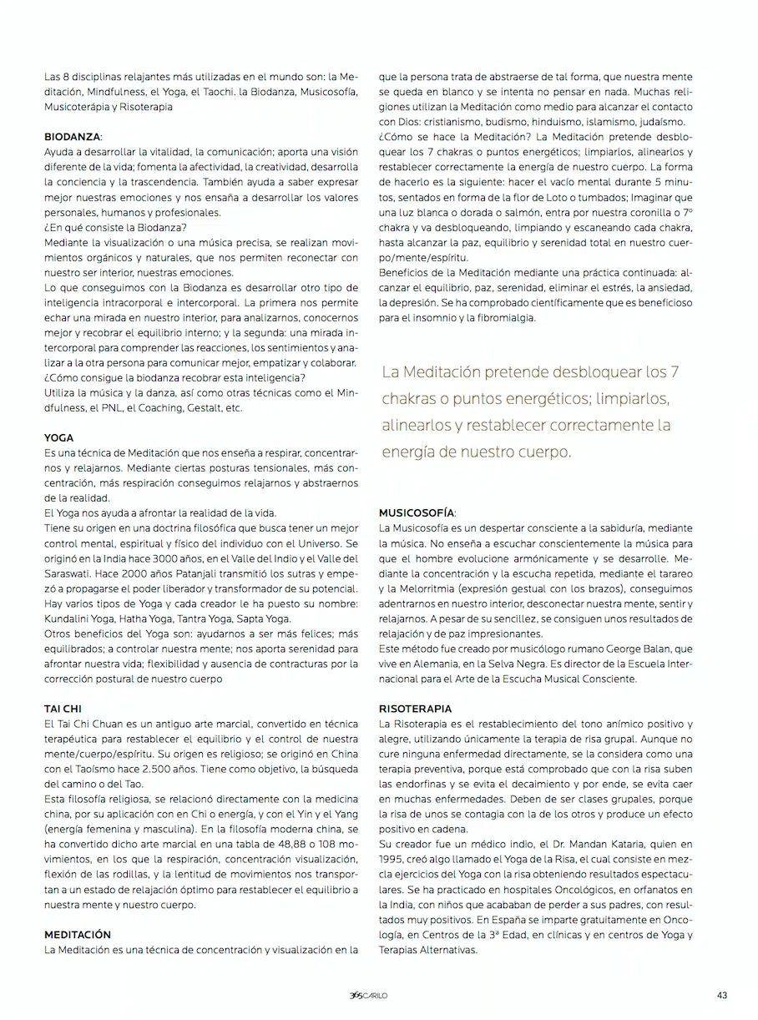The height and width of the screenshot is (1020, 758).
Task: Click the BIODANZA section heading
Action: [x=73, y=135]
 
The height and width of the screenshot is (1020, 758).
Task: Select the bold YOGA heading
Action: [x=58, y=437]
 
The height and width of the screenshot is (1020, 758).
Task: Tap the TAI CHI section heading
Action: [x=63, y=709]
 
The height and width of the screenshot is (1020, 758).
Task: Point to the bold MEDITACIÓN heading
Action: [x=78, y=934]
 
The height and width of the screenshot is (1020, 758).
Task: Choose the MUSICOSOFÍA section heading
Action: [x=417, y=513]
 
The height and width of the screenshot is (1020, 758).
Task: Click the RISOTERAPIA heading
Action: [x=415, y=709]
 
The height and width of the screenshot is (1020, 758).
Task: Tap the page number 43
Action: [x=722, y=994]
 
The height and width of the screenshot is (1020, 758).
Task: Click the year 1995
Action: [x=392, y=859]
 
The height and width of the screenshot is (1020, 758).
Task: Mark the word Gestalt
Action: [x=206, y=408]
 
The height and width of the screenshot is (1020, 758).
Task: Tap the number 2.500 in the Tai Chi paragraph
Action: [x=144, y=769]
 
